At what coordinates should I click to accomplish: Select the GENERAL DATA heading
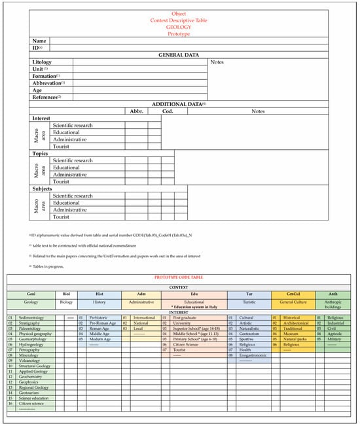point(179,55)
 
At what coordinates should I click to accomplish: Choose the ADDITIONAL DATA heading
point(179,104)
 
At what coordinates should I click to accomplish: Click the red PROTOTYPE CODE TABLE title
point(179,278)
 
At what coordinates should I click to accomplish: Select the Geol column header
point(31,294)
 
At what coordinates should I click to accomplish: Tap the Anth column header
point(334,294)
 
